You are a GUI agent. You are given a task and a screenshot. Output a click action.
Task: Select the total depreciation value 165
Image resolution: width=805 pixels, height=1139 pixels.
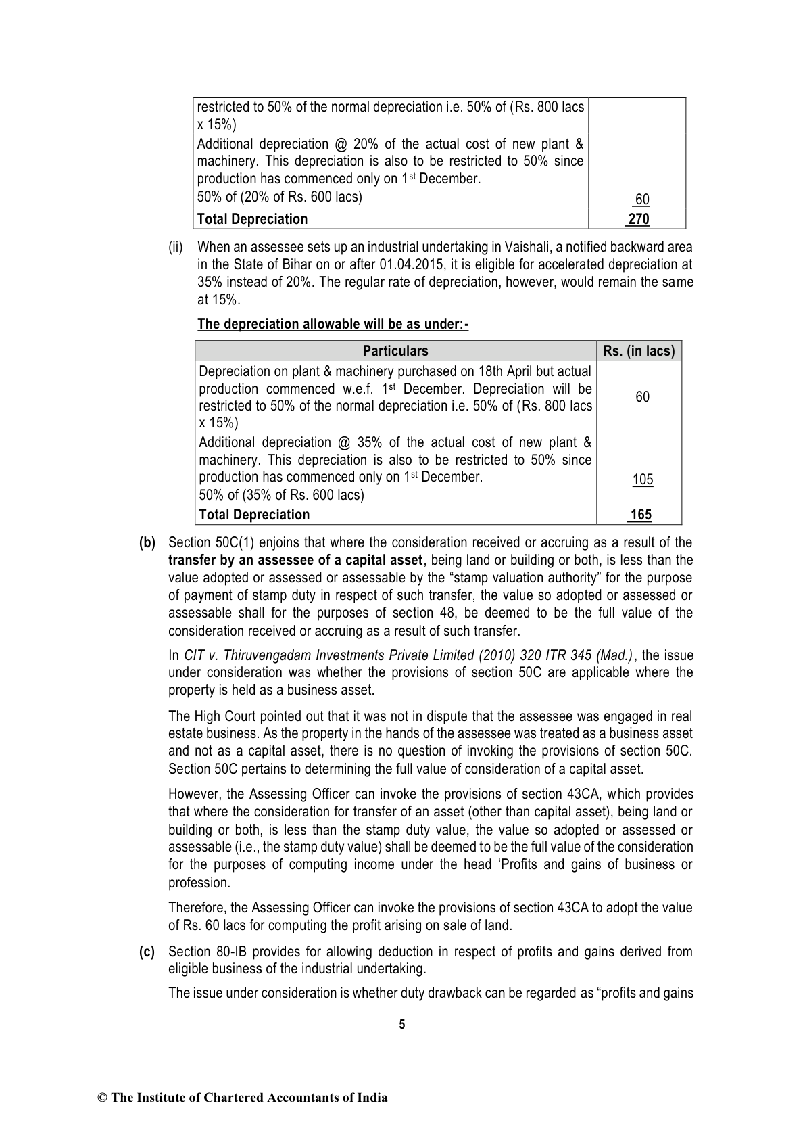click(x=641, y=515)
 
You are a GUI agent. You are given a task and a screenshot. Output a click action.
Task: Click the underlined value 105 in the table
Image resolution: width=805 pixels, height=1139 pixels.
click(x=642, y=480)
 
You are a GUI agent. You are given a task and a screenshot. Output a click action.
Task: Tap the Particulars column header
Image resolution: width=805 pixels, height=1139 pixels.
click(x=395, y=351)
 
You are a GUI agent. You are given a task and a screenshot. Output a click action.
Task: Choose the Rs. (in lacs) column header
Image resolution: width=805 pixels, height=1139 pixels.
click(x=639, y=351)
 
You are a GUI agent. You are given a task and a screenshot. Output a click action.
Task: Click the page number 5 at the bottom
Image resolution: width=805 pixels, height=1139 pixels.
click(x=402, y=1024)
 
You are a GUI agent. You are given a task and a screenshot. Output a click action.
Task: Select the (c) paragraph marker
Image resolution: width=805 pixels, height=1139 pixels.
click(x=147, y=952)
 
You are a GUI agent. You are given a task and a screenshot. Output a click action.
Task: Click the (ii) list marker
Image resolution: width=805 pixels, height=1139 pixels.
click(x=176, y=247)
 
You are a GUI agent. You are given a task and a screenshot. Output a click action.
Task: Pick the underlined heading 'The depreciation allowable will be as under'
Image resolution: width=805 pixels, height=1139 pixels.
click(x=333, y=324)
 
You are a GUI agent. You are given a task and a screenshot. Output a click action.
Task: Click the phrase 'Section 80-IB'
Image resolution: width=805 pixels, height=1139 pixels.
click(x=201, y=952)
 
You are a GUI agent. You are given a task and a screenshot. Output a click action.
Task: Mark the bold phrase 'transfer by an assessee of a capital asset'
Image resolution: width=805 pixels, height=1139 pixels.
click(x=296, y=560)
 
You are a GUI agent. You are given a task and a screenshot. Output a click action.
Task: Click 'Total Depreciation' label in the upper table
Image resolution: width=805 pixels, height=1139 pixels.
click(x=252, y=219)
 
